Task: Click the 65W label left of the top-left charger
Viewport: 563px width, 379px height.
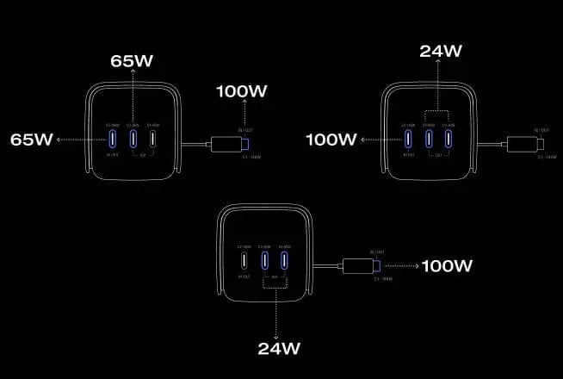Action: click(31, 139)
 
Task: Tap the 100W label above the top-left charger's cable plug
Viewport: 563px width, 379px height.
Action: click(244, 90)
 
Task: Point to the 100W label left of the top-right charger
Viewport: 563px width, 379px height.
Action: click(331, 139)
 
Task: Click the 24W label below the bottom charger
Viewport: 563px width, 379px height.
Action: click(278, 349)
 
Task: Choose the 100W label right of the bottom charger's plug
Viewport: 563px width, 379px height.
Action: click(447, 265)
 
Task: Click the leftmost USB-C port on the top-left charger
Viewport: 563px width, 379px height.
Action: click(111, 139)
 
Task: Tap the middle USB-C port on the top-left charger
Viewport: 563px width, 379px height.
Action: click(133, 139)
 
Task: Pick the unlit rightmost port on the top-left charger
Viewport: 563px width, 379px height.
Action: click(153, 139)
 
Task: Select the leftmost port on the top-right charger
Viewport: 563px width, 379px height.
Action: click(407, 139)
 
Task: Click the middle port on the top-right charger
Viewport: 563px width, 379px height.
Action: click(428, 139)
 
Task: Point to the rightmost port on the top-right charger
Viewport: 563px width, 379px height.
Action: click(449, 139)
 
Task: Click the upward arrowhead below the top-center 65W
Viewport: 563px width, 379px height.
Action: click(133, 75)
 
